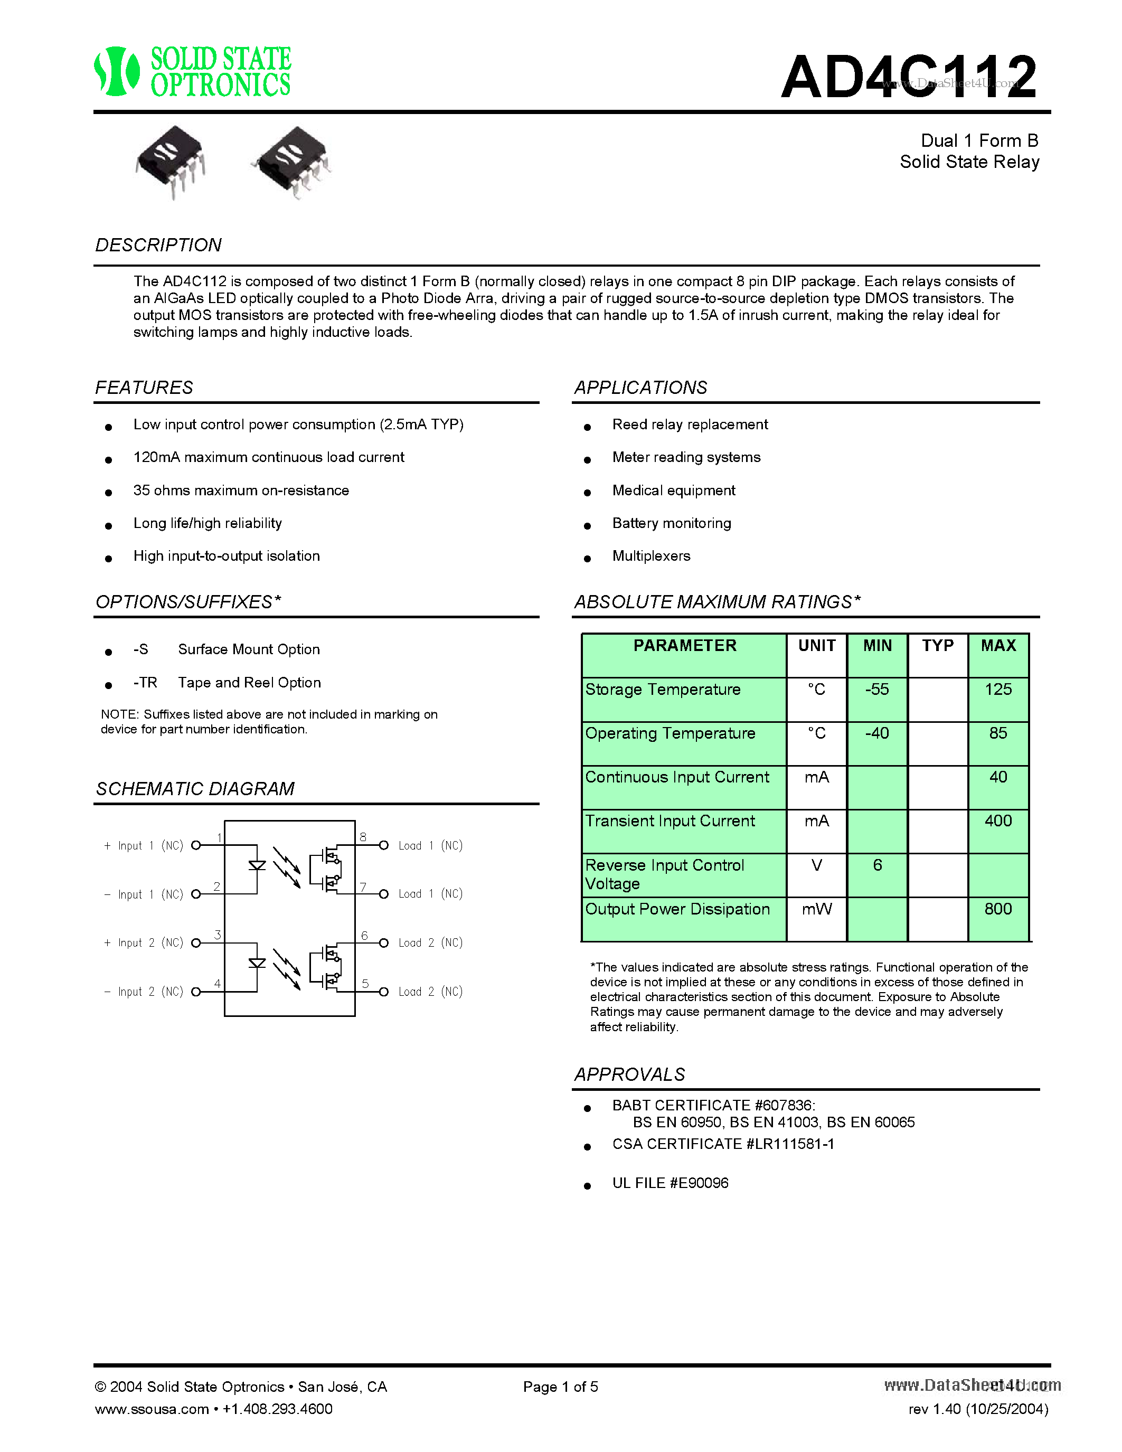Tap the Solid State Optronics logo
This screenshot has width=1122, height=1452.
[193, 71]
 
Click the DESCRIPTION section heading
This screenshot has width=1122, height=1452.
[158, 246]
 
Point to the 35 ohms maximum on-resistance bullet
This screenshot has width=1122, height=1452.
[241, 491]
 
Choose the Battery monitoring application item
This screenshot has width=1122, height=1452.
[671, 523]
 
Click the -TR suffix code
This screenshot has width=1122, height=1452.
[145, 683]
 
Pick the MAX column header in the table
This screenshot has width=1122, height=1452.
[998, 646]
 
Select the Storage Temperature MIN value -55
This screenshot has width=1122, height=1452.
[876, 690]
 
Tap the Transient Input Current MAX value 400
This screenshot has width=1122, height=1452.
[998, 821]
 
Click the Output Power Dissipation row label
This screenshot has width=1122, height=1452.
[677, 910]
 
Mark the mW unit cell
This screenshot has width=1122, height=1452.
[816, 910]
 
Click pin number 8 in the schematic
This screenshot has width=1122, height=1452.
[363, 837]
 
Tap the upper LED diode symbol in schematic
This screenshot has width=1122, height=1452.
[257, 865]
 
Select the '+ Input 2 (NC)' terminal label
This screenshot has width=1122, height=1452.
[144, 942]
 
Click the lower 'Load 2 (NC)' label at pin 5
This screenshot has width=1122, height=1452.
[430, 992]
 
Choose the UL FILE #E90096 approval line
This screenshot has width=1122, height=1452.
[670, 1183]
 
